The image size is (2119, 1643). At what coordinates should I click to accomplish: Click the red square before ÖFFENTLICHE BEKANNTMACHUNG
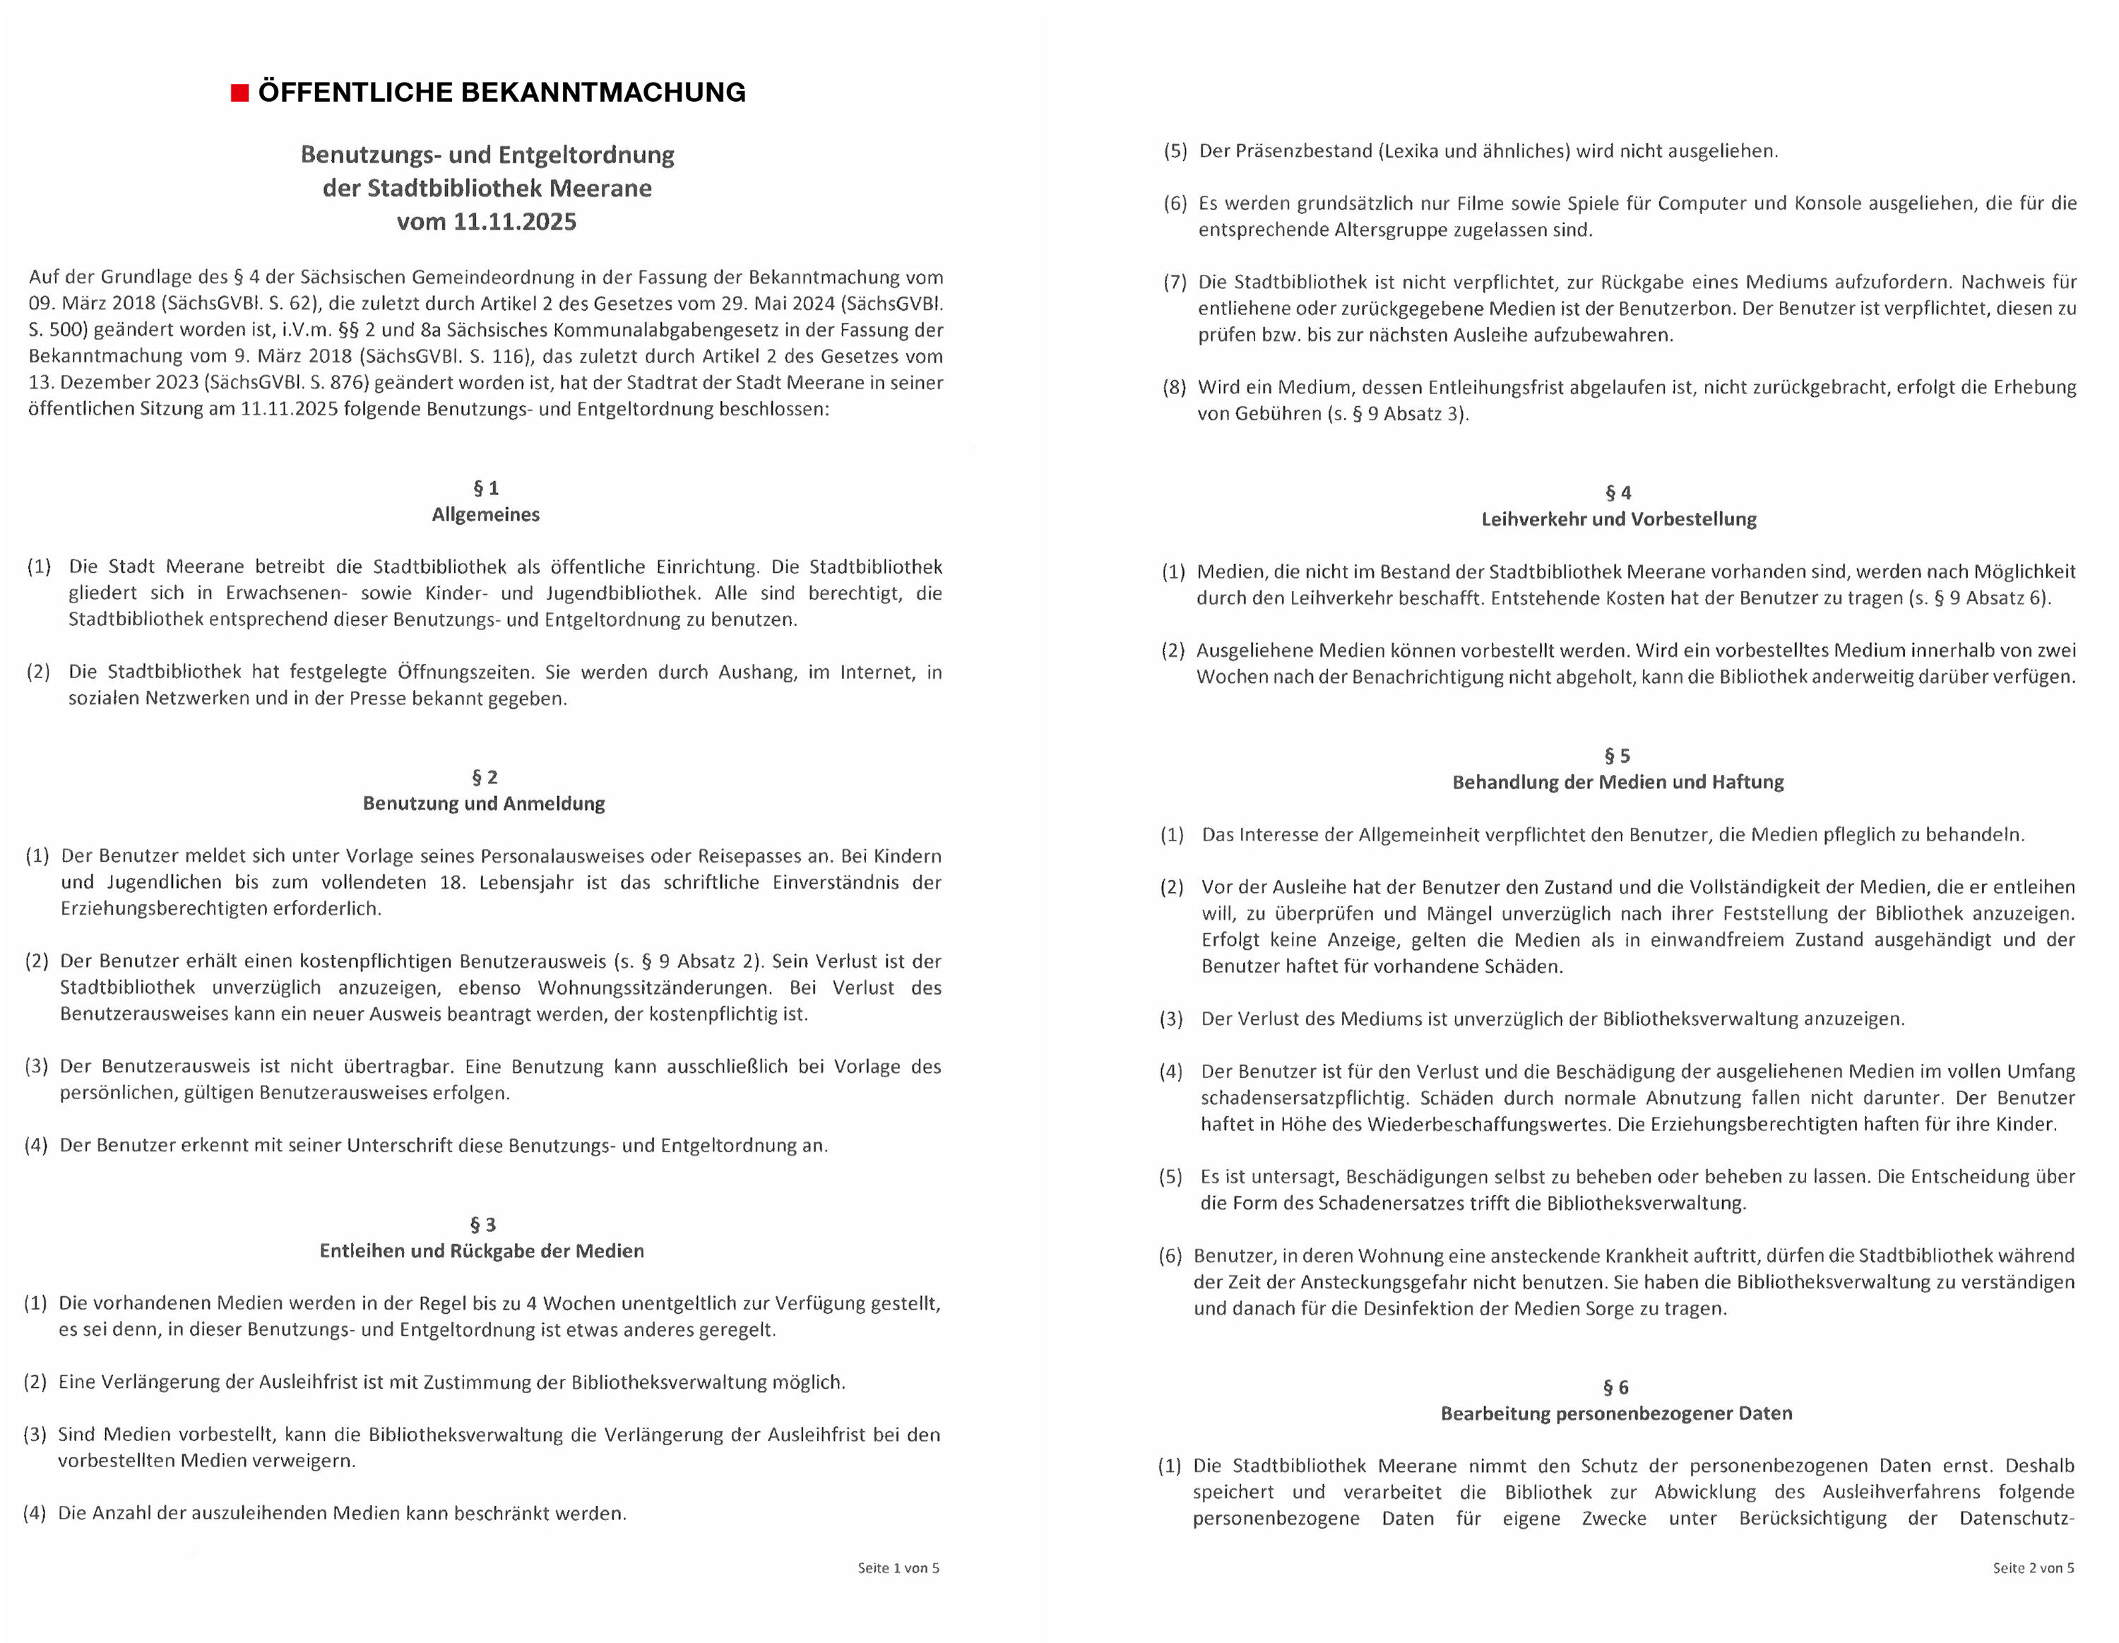(239, 93)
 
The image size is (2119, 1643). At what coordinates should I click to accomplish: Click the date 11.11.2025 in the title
(514, 223)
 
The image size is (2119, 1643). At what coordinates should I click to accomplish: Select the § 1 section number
(485, 488)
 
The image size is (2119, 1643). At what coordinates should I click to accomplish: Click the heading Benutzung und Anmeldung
(483, 804)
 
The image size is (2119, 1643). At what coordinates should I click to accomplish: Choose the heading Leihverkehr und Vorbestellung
(1618, 519)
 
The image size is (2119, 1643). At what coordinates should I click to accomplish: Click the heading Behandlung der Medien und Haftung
(1618, 782)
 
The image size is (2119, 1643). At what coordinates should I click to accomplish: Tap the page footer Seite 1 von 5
(898, 1567)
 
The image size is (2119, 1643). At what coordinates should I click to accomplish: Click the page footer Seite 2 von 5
(2033, 1567)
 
